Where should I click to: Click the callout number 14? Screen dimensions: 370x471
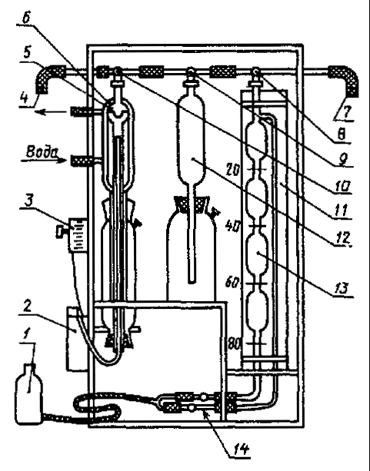click(x=241, y=449)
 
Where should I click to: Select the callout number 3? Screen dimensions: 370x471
click(x=28, y=200)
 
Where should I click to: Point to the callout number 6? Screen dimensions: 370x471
click(x=26, y=18)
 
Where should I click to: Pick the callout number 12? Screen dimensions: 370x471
click(x=343, y=237)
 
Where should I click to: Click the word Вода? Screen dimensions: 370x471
click(x=42, y=152)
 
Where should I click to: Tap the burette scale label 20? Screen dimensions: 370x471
click(x=233, y=171)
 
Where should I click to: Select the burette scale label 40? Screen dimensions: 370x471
click(x=233, y=226)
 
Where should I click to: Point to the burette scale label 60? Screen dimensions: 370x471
click(x=233, y=282)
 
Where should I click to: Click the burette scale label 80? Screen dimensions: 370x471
click(x=234, y=344)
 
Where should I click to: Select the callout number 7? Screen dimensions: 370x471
click(x=346, y=112)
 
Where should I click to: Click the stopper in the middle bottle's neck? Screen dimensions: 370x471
click(x=191, y=204)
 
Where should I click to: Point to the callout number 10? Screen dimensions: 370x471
click(x=343, y=187)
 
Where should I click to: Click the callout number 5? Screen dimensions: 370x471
click(x=27, y=52)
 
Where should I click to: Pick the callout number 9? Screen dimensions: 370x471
click(x=342, y=159)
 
